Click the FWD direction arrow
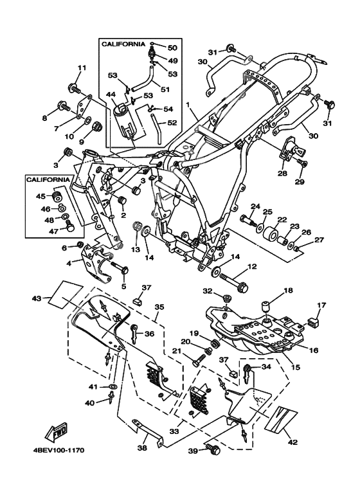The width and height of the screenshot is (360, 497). click(x=57, y=432)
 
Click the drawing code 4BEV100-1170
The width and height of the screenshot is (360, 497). click(x=59, y=450)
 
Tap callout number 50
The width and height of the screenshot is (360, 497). click(x=172, y=48)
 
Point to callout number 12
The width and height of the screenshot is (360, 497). click(x=252, y=267)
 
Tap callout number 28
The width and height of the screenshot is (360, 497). click(x=282, y=173)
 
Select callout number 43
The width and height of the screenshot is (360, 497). click(x=37, y=298)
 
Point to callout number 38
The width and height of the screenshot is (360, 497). click(x=142, y=448)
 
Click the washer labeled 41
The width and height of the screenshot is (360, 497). click(x=113, y=386)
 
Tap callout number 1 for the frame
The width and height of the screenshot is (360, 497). click(x=188, y=104)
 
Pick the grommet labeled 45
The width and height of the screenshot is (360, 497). click(x=57, y=196)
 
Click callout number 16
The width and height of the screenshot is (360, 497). click(x=314, y=350)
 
